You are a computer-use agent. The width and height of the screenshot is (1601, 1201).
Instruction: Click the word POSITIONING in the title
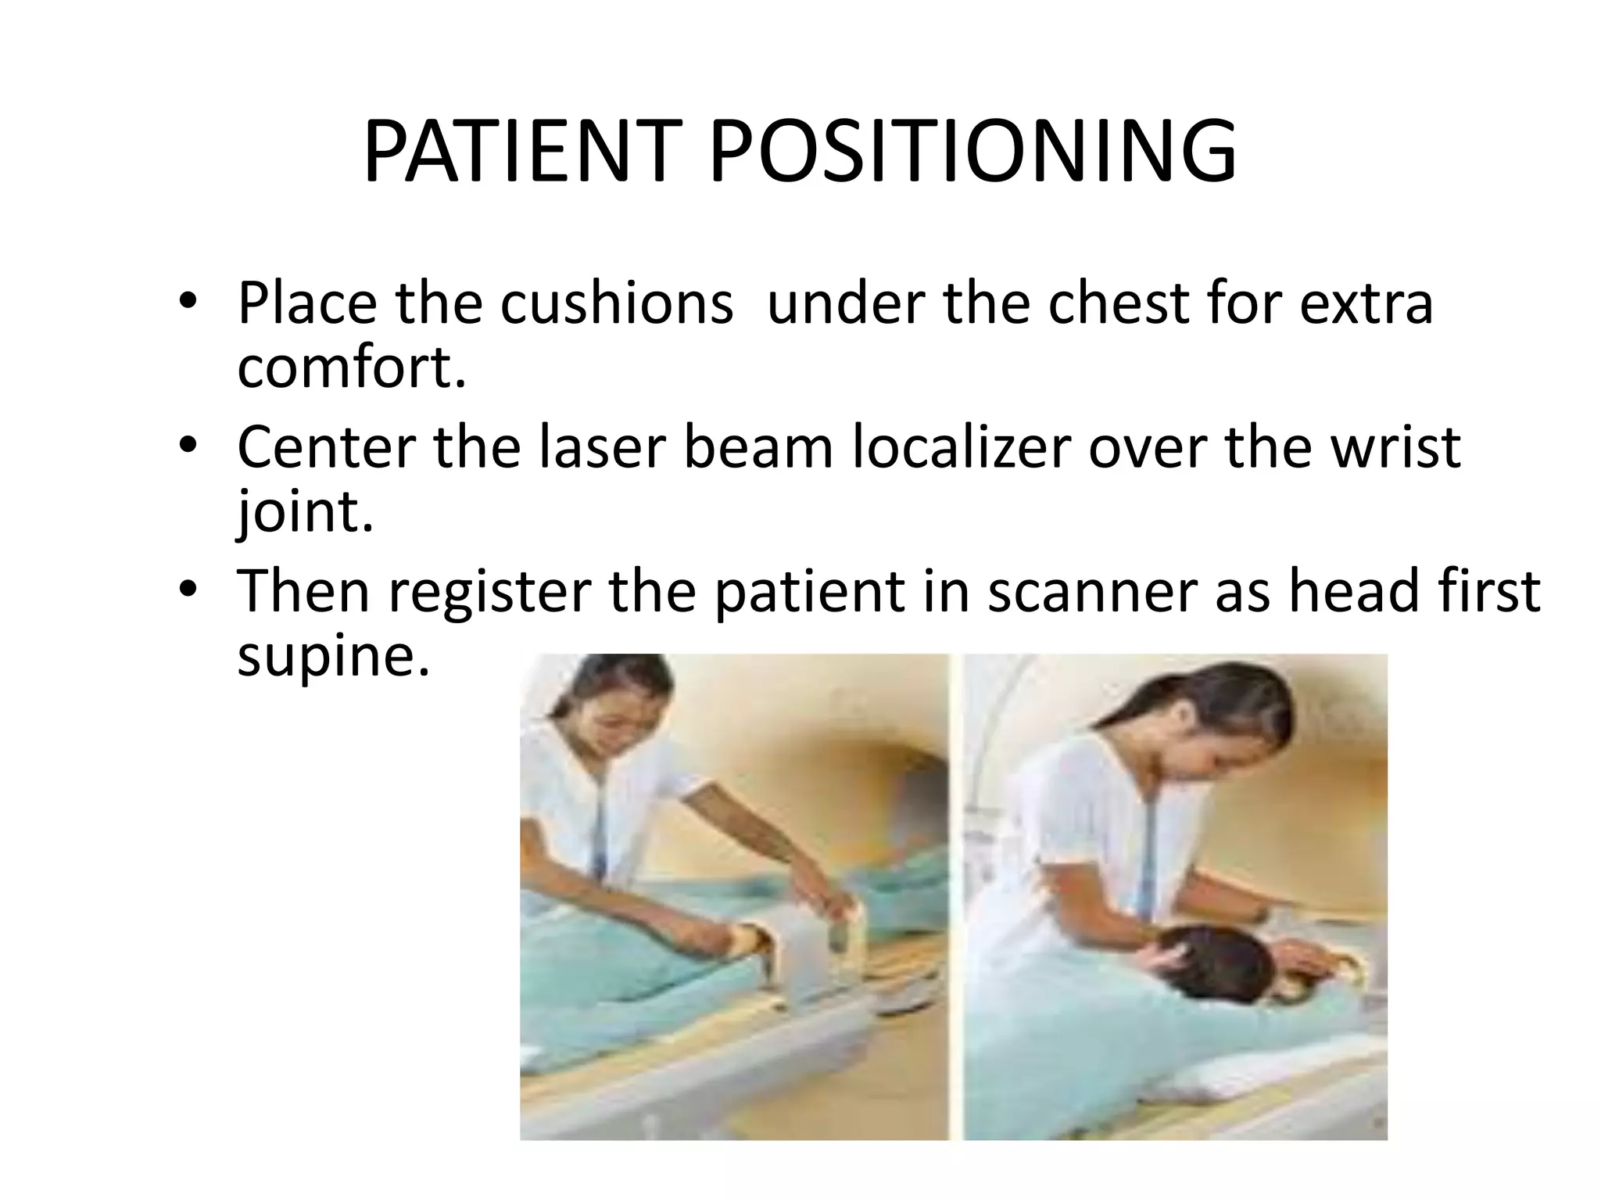click(972, 152)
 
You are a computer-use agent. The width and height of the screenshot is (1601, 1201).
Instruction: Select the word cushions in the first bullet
click(617, 303)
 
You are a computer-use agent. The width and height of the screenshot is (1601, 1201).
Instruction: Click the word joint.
click(305, 512)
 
